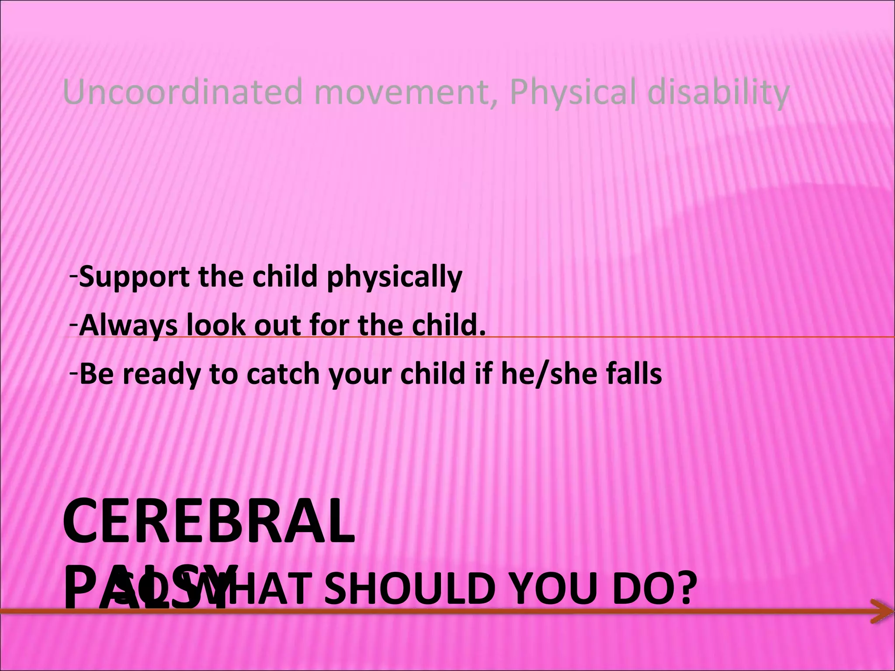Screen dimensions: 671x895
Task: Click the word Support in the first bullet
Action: point(134,277)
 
